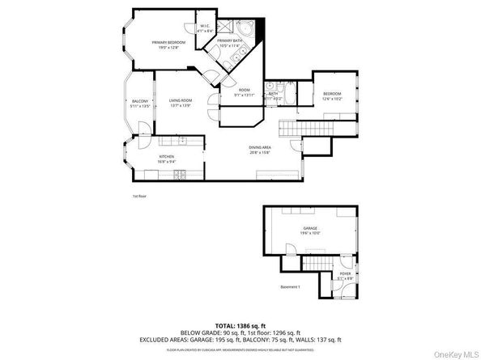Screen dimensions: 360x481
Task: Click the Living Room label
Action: pos(180,103)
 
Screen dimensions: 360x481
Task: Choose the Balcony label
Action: pos(140,104)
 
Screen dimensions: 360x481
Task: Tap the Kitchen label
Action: pos(167,159)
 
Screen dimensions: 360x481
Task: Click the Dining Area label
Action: pos(259,149)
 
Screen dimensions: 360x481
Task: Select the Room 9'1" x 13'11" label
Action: pos(245,92)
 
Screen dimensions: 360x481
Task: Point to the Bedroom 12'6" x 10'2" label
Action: pos(332,96)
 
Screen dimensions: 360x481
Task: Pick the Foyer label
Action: pos(346,277)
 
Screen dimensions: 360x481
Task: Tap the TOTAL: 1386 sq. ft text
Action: pos(240,322)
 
